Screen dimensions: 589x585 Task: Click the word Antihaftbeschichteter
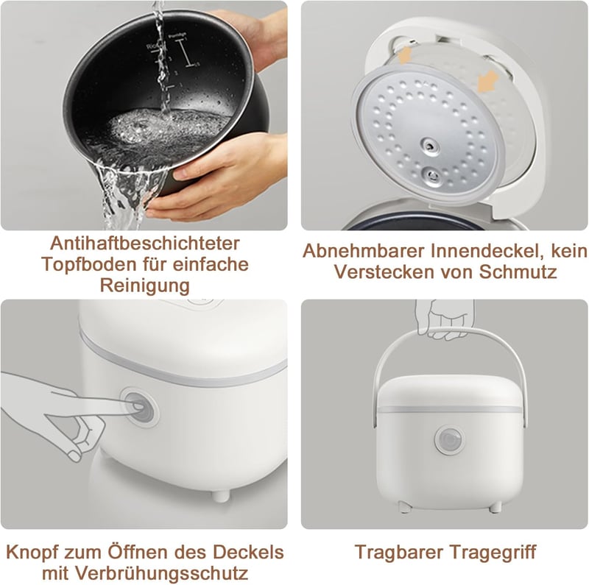[x=144, y=244]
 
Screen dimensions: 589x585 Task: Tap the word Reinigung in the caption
[x=144, y=286]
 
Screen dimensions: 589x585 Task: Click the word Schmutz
[x=518, y=272]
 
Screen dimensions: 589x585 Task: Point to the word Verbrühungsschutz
[x=161, y=573]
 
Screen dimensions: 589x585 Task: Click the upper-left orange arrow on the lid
[x=404, y=54]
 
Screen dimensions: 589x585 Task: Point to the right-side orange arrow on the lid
[x=487, y=82]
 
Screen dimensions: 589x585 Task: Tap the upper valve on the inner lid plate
[x=430, y=146]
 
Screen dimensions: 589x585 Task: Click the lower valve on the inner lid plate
[x=431, y=175]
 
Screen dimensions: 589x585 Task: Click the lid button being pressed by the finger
[x=140, y=408]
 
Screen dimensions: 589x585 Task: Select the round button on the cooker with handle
[x=450, y=440]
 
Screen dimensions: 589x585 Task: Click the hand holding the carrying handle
[x=444, y=319]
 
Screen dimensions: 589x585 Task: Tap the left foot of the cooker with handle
[x=404, y=507]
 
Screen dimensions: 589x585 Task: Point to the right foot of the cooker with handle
[x=495, y=507]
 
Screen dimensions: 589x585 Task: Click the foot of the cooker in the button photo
[x=220, y=496]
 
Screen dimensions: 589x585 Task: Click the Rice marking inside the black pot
[x=152, y=46]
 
